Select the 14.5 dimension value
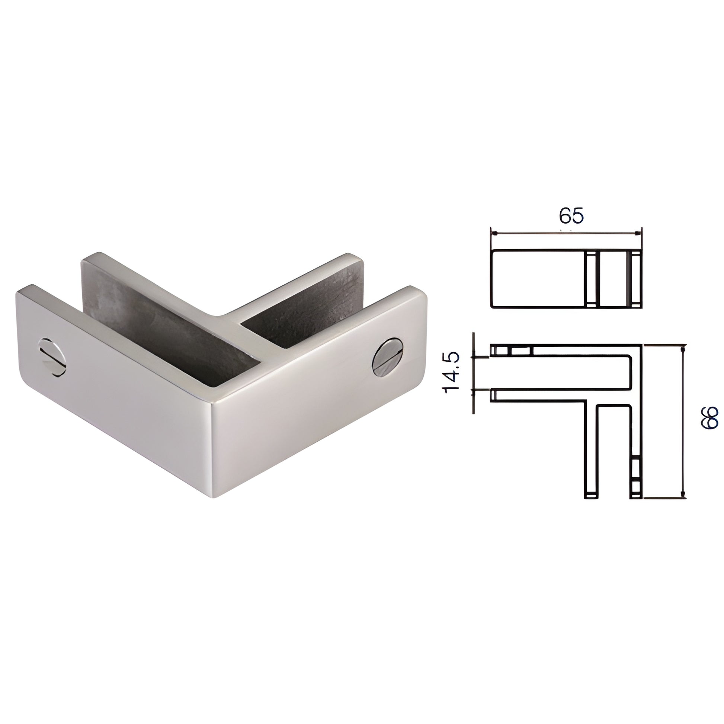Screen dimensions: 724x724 (x=451, y=372)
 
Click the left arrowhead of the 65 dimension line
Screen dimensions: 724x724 (x=495, y=234)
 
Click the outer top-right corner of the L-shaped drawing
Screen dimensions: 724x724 (x=642, y=345)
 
